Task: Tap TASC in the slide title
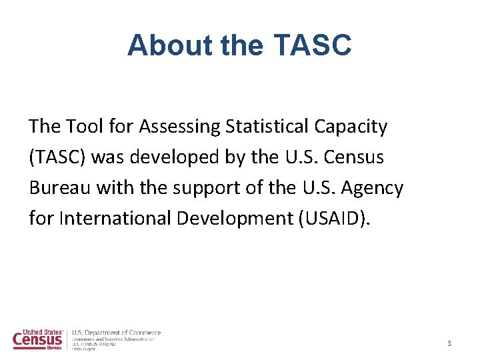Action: [312, 46]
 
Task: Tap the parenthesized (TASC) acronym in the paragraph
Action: [57, 157]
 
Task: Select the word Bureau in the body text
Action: [60, 188]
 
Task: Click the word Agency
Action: [371, 188]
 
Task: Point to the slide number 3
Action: [449, 343]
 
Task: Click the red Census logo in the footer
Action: [38, 339]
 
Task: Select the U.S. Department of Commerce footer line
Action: [116, 333]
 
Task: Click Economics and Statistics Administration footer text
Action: [113, 339]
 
